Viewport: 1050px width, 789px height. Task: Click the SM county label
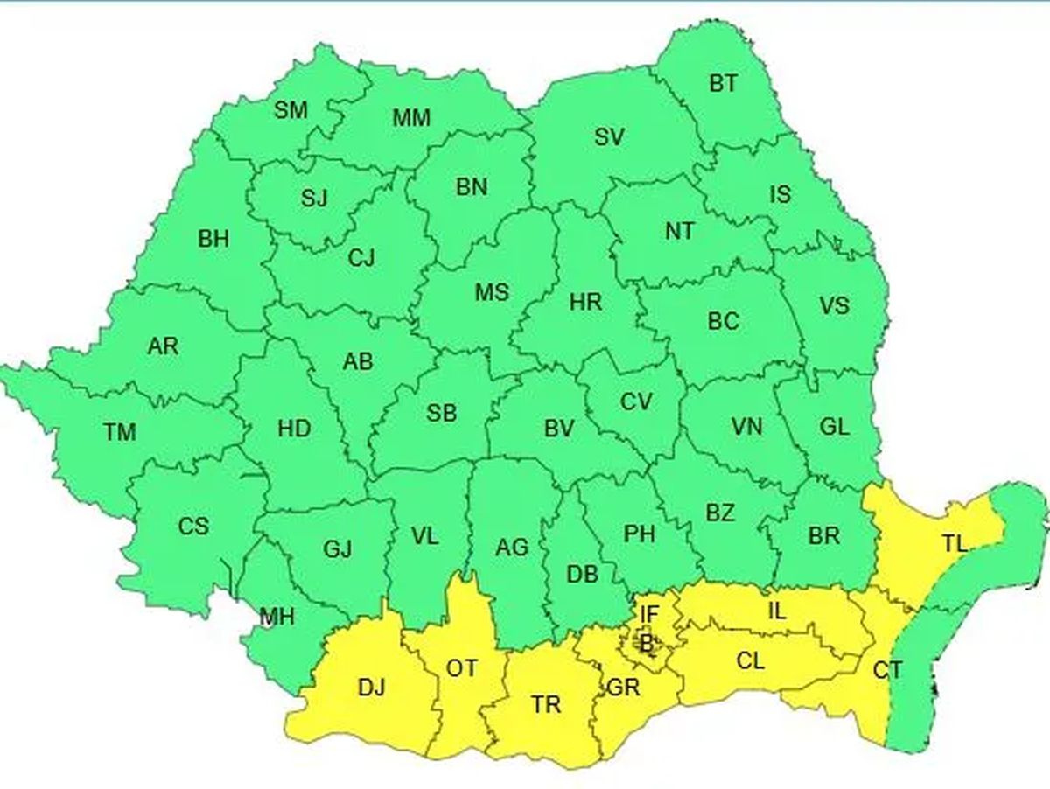(290, 111)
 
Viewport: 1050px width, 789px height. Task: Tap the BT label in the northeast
(723, 84)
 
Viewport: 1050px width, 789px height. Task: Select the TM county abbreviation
(120, 431)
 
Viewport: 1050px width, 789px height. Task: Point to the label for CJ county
(360, 258)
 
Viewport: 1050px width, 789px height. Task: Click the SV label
(609, 137)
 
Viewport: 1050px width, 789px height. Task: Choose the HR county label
(585, 303)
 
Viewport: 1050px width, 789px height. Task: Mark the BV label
(559, 429)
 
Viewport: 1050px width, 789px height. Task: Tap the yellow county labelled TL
(955, 543)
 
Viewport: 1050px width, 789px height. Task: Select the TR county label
(546, 704)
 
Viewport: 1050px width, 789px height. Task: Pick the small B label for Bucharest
(647, 646)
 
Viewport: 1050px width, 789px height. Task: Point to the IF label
(648, 614)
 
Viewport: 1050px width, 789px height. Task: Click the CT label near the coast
(887, 671)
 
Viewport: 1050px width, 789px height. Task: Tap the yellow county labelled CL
(750, 660)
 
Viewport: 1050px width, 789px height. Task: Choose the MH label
(276, 618)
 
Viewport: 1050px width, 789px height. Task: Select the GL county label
(834, 427)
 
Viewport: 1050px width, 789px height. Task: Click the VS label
(834, 306)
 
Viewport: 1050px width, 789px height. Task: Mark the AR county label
(163, 346)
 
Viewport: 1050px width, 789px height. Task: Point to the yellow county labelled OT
(462, 669)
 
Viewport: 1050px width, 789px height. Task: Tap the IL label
(776, 612)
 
